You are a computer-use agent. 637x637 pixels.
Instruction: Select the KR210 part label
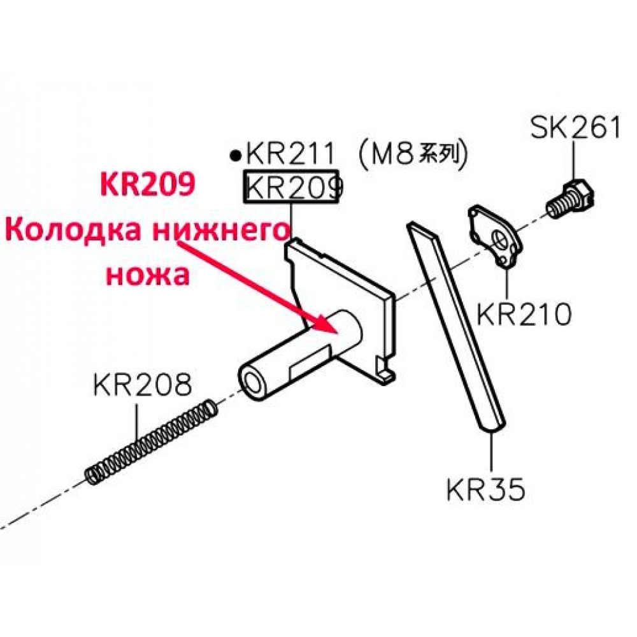coord(524,313)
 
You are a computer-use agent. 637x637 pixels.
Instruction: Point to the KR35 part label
coord(486,489)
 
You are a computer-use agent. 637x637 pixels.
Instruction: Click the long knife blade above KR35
coord(456,325)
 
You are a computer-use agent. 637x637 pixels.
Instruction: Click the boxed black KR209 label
coord(291,187)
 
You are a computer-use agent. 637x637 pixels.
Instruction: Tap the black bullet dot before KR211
coord(235,155)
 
